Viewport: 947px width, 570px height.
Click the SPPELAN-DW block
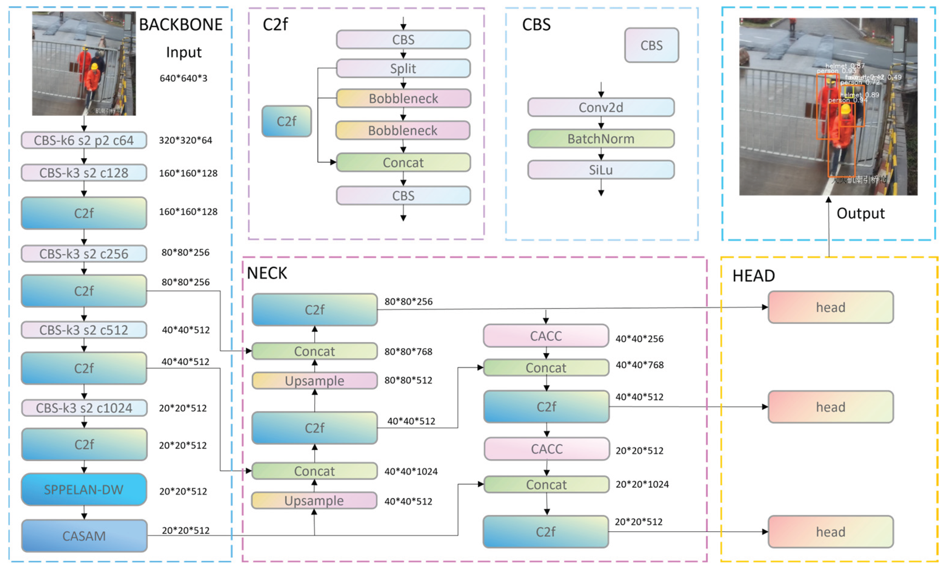coord(84,489)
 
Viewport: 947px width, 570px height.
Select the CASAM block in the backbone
coord(84,536)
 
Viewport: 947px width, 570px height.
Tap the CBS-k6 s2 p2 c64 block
coord(84,140)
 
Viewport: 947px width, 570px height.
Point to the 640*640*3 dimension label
coord(183,78)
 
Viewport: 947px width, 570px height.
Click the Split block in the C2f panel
coord(403,68)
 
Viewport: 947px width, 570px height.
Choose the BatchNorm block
coord(600,139)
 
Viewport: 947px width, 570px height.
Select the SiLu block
coord(600,170)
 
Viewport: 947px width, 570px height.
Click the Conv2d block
coord(600,107)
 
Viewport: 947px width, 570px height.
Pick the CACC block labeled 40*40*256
coord(545,336)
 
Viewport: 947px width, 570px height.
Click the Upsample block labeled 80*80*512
coord(314,381)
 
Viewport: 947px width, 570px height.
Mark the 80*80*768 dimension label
coord(408,351)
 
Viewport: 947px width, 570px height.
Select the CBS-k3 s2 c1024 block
coord(84,408)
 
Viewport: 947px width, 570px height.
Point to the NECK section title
coord(267,273)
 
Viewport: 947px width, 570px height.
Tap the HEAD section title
coord(753,276)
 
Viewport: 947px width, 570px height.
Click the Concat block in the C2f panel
coord(403,162)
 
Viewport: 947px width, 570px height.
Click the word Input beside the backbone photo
coord(183,52)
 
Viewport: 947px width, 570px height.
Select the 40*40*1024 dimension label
coord(411,471)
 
